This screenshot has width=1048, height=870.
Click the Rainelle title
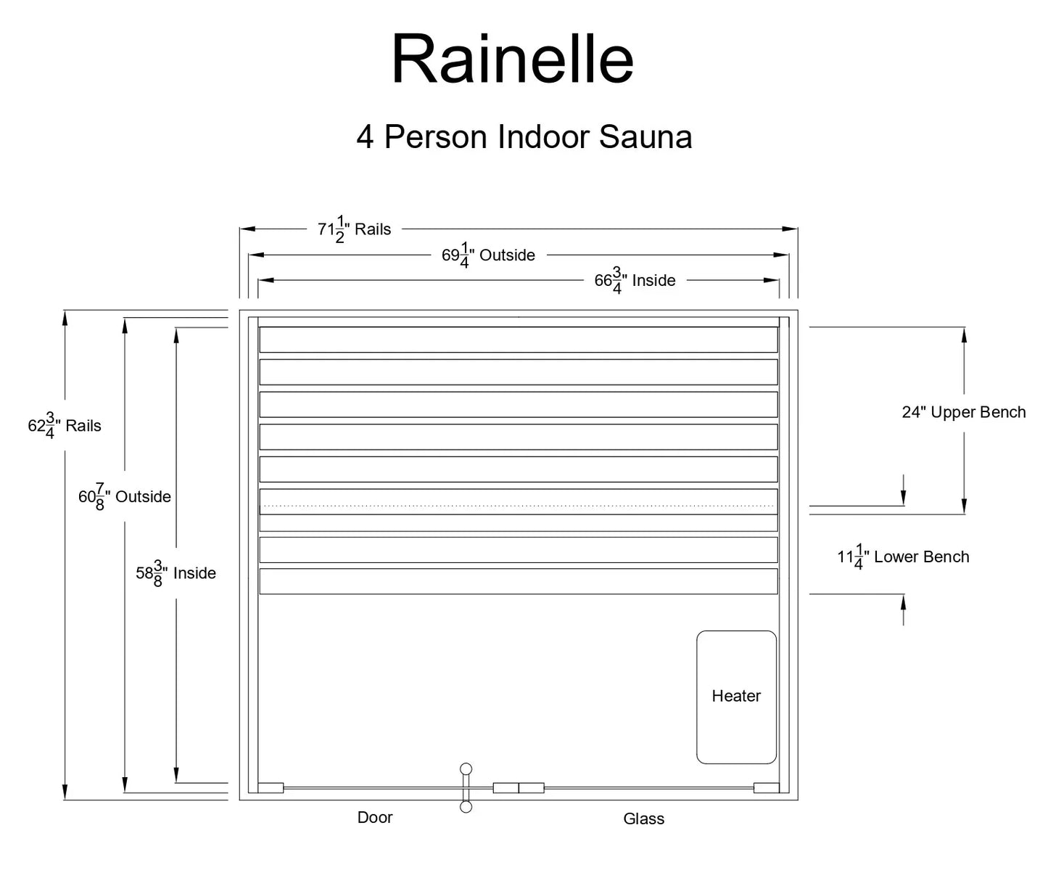point(513,60)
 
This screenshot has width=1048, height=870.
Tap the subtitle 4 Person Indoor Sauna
point(524,136)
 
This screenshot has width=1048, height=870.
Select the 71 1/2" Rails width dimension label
point(354,229)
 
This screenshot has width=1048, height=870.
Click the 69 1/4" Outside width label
point(488,255)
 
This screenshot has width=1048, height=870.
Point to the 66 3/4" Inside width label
point(635,281)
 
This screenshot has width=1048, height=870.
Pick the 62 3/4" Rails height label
point(65,426)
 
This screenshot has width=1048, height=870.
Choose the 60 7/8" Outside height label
point(125,497)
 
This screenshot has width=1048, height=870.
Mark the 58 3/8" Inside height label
point(176,573)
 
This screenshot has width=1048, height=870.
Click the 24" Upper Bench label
point(963,412)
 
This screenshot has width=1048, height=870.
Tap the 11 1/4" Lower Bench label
point(903,557)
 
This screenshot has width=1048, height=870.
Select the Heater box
point(736,697)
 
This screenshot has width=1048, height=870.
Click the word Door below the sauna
point(375,818)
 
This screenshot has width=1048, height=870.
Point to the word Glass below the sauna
point(643,819)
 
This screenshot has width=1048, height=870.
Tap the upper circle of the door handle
point(466,769)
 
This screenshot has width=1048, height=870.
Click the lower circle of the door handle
point(466,807)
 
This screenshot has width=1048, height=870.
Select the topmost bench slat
point(518,340)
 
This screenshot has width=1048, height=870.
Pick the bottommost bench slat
point(518,581)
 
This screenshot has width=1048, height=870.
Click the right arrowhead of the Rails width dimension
point(791,229)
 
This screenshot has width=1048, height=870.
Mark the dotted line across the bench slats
point(518,505)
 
